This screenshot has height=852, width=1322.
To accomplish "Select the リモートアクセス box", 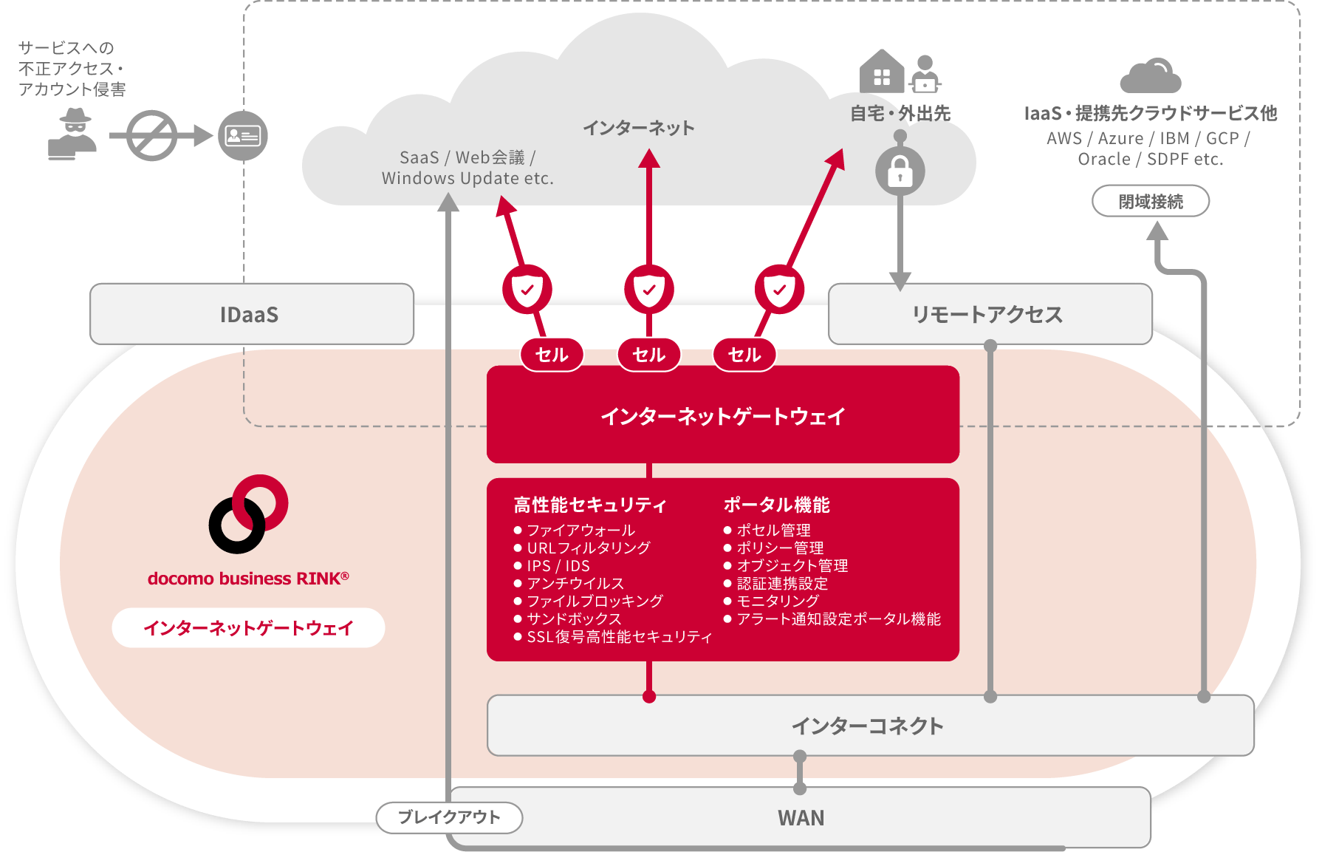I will click(x=989, y=314).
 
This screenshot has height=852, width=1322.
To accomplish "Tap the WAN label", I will click(x=801, y=818).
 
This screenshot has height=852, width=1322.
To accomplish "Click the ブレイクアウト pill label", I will click(x=449, y=817).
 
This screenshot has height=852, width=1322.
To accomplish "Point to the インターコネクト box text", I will click(x=867, y=726).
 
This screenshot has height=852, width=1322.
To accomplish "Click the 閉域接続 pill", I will click(x=1150, y=201).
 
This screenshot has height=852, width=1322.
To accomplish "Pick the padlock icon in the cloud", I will click(x=900, y=171).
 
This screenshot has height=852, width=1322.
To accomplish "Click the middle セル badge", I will click(x=648, y=355).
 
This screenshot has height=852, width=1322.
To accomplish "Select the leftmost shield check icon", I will click(x=527, y=289).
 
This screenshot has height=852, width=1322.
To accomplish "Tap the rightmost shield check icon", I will click(x=779, y=289).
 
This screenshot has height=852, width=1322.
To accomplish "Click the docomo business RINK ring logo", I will click(x=248, y=514).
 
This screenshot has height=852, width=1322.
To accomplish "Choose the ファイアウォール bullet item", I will click(x=580, y=530).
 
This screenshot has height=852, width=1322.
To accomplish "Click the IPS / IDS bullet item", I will click(x=558, y=565).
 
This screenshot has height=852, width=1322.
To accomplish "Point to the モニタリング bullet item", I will click(x=778, y=601).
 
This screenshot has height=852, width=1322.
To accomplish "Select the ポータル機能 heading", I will click(x=776, y=505).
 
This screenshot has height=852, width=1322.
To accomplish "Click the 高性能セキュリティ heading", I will click(x=590, y=505).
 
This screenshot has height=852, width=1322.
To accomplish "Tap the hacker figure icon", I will click(x=72, y=134).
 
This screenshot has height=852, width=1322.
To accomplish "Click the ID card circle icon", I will click(x=242, y=136).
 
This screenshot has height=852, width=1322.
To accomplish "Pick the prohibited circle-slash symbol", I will click(x=151, y=136).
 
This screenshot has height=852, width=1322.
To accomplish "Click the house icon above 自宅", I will click(x=882, y=72).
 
